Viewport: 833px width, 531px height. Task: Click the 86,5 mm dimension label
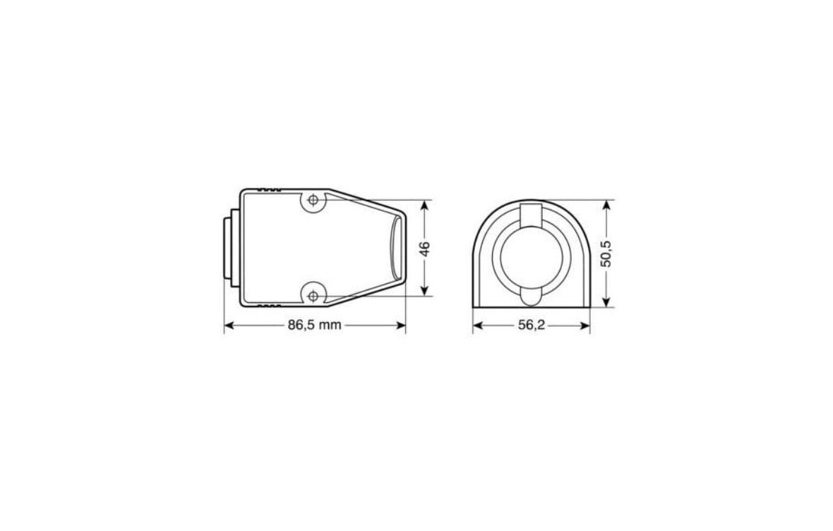pyautogui.click(x=314, y=326)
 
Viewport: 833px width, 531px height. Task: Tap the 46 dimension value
pyautogui.click(x=424, y=249)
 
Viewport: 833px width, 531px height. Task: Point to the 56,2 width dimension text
pyautogui.click(x=531, y=326)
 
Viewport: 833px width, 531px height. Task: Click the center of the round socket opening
pyautogui.click(x=531, y=255)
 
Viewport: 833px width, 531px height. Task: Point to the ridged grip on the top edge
pyautogui.click(x=270, y=190)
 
